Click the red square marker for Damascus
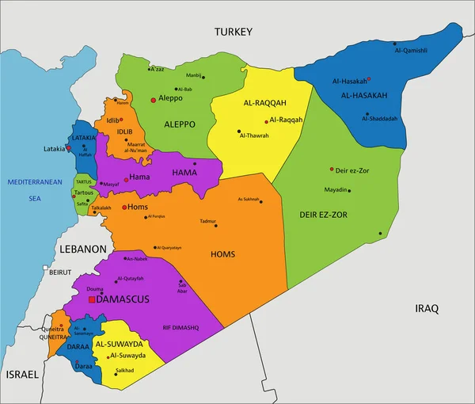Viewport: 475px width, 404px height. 92,300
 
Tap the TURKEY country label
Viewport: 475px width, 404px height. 233,32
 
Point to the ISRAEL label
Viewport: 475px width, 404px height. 21,373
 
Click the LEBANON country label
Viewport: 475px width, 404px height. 82,248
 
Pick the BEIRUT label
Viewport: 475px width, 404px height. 60,272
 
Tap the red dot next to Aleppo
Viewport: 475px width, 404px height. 153,100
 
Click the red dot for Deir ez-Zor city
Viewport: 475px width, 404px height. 332,169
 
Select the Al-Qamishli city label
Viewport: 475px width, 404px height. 410,51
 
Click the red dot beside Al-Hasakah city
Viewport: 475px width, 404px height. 369,79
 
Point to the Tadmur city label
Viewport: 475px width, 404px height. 207,221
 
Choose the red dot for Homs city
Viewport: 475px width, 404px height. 124,207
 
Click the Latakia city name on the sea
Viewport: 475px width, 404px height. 54,149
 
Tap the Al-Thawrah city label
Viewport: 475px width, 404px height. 254,135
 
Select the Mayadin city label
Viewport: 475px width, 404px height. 336,190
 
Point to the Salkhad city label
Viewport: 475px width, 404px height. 125,371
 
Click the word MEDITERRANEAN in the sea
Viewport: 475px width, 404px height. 35,182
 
